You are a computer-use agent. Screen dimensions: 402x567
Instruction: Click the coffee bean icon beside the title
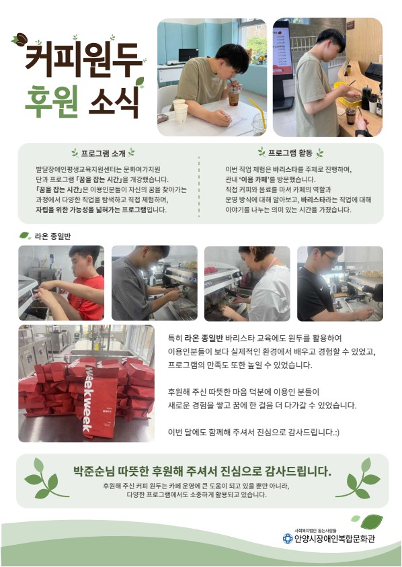(x=20, y=39)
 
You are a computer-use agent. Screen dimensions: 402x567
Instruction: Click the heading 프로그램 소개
(x=103, y=153)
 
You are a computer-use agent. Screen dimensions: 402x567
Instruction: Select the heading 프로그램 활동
(x=290, y=153)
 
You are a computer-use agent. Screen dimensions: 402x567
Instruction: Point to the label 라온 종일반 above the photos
(x=52, y=236)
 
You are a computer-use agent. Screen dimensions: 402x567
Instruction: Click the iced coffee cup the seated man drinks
(x=233, y=95)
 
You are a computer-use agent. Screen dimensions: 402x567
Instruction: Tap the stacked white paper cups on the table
(x=181, y=110)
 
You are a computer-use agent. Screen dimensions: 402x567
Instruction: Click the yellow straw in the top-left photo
(x=257, y=112)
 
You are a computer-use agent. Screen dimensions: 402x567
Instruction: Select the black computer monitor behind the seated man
(x=188, y=55)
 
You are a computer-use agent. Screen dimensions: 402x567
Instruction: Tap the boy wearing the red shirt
(x=79, y=283)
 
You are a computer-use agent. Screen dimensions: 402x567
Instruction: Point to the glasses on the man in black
(x=330, y=258)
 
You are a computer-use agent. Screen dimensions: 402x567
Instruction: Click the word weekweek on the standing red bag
(x=88, y=398)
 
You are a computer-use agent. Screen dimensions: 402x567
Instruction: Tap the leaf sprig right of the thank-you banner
(x=358, y=478)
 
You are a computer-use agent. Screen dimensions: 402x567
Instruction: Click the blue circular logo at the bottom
(x=287, y=538)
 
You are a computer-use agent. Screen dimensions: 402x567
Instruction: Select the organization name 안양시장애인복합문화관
(x=335, y=539)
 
